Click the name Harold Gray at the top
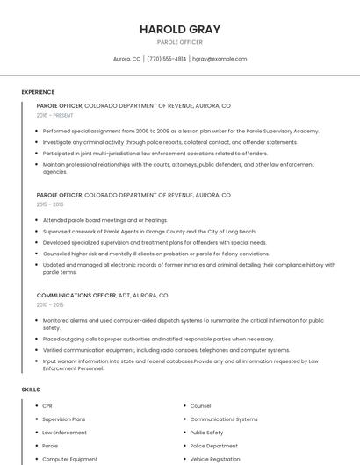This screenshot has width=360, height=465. (x=179, y=29)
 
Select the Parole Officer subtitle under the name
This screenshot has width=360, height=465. (x=179, y=42)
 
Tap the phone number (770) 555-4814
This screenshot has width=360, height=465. (x=167, y=59)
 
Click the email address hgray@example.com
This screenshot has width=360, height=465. (x=220, y=59)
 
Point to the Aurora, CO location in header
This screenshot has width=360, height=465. (x=126, y=59)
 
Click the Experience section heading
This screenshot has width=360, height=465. (x=38, y=92)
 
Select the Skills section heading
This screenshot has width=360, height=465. (x=31, y=389)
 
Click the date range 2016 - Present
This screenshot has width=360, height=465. (x=55, y=115)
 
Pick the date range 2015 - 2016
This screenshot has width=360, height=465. (x=50, y=204)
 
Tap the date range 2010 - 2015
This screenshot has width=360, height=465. (x=50, y=305)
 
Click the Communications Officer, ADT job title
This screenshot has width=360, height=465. (x=102, y=296)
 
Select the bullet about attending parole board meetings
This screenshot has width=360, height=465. (x=104, y=220)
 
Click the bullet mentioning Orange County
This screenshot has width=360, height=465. (x=149, y=231)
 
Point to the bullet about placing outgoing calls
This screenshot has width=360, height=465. (x=158, y=339)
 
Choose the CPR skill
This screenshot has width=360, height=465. (x=47, y=406)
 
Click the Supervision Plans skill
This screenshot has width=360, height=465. (x=64, y=419)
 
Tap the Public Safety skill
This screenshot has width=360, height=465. (x=206, y=433)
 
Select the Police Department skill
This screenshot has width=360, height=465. (x=213, y=446)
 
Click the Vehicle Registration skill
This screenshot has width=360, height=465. (x=215, y=459)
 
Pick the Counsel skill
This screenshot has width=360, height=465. (x=200, y=406)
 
